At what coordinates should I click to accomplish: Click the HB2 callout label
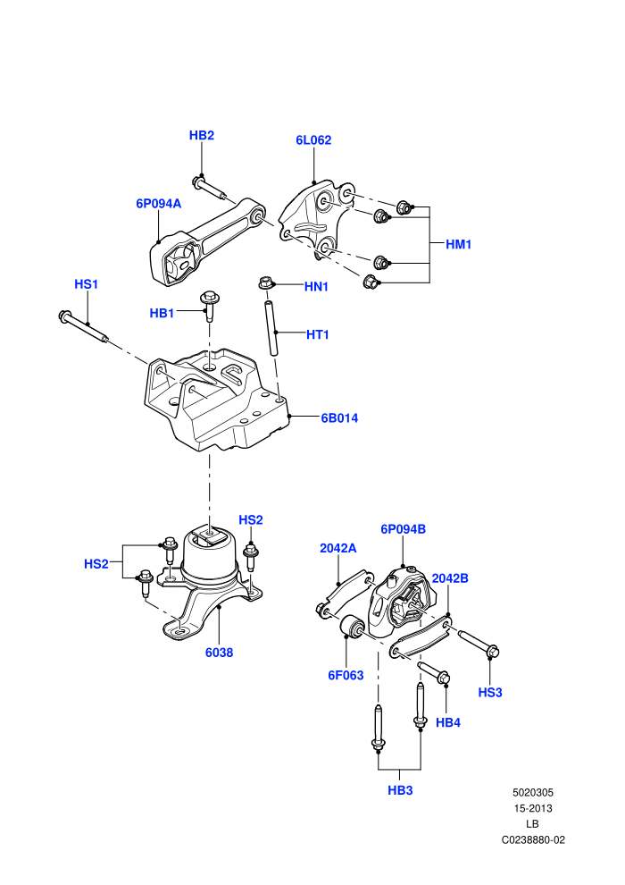pos(201,136)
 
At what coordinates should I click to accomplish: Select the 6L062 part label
pos(313,140)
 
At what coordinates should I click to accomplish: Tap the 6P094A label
pos(158,203)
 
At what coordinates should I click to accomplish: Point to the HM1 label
pos(458,244)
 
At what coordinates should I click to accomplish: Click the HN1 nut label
pos(316,287)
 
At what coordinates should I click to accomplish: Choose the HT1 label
pos(317,334)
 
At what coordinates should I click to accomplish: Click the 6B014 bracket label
pos(339,418)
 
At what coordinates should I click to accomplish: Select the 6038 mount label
pos(219,653)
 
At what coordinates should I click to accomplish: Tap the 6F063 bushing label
pos(346,675)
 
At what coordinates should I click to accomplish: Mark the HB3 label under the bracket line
pos(400,791)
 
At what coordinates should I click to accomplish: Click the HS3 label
pos(490,693)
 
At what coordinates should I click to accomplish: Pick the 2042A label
pos(338,548)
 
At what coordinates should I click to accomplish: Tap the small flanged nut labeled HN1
pos(265,282)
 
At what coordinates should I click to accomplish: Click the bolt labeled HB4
pos(433,671)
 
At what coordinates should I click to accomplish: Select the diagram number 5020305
pos(532,792)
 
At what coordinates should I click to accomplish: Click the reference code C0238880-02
pos(533,839)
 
